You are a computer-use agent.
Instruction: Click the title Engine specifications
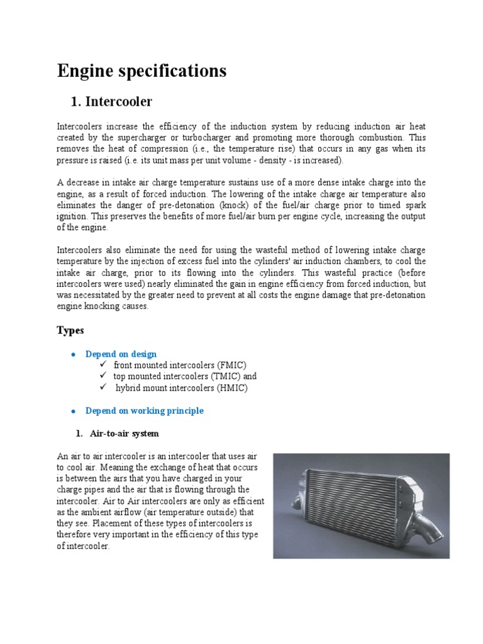[142, 71]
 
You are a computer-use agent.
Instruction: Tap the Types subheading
[70, 330]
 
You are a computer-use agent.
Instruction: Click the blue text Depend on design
[121, 354]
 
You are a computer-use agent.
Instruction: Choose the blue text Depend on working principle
[144, 411]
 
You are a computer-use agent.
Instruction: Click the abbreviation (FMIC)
[231, 365]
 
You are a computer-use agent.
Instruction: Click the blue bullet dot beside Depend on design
[73, 355]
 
